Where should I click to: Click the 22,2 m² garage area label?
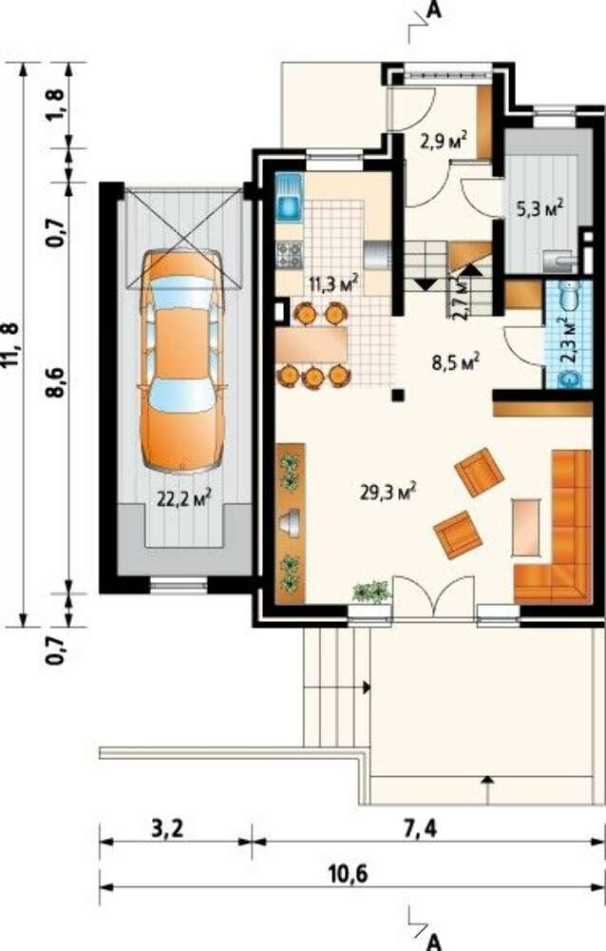coord(183,498)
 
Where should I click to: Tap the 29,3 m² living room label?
coord(388,492)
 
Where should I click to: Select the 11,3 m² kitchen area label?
coord(332,283)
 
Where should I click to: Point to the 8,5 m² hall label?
coord(456,364)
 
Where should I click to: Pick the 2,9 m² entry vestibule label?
coord(443,141)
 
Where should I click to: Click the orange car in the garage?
coord(181,360)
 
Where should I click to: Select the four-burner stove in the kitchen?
coord(289,254)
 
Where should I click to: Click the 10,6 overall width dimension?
coord(349,875)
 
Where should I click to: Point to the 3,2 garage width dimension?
coord(166,828)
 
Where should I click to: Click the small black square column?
coord(398,396)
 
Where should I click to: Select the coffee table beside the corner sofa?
coord(525,527)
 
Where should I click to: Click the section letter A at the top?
coord(433,10)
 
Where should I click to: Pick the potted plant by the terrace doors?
coord(370,592)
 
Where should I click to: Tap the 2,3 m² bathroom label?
coord(572,340)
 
